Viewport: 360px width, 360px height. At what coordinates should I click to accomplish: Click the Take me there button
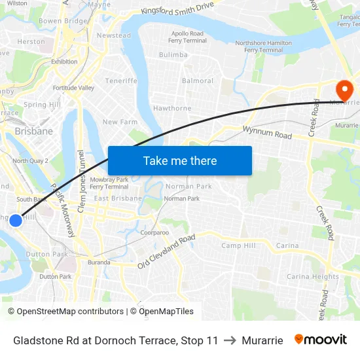coord(180,160)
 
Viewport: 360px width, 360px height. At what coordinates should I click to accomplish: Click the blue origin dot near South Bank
coord(16,221)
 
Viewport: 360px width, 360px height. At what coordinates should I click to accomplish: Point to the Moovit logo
coord(321,340)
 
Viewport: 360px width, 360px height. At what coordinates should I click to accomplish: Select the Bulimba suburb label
coord(173,55)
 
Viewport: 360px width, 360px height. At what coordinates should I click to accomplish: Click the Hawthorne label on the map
coord(172,109)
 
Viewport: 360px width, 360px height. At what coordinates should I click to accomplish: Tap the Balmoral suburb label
coord(198,81)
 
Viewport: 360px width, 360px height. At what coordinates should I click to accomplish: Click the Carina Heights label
coord(313,277)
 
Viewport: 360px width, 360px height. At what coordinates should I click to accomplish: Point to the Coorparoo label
coord(154,232)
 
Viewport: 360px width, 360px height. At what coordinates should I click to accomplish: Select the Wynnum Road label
coord(267,133)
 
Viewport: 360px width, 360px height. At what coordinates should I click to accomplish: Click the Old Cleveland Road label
coord(166,252)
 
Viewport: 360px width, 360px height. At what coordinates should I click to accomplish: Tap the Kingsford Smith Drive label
coord(177,9)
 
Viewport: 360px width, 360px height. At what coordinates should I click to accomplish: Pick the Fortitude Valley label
coord(73,88)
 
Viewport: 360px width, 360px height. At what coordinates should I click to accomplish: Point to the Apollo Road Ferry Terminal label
coord(188,37)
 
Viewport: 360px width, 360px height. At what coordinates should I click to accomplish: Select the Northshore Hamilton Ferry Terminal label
coord(263,46)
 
